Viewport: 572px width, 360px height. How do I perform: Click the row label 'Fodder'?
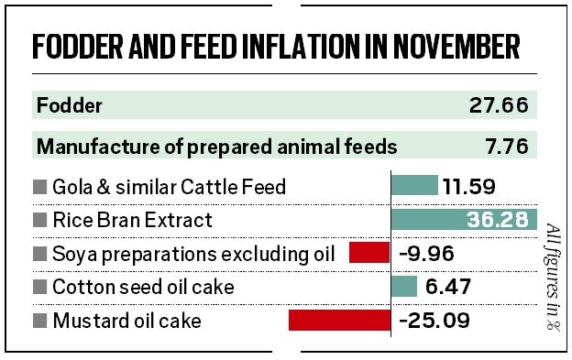click(70, 105)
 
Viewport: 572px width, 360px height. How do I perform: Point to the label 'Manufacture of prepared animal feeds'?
click(216, 146)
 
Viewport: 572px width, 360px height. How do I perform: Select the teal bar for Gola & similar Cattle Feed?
click(414, 187)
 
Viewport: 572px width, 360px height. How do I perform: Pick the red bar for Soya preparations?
click(370, 253)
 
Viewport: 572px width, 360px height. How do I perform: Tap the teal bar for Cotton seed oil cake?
click(404, 287)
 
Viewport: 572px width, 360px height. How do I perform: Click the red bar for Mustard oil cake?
click(340, 321)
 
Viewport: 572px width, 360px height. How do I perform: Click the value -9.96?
click(427, 254)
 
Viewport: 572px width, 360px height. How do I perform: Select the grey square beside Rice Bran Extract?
click(39, 221)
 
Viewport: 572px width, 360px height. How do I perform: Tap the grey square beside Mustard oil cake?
click(39, 322)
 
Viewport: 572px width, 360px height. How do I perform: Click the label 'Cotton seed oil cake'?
click(143, 288)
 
